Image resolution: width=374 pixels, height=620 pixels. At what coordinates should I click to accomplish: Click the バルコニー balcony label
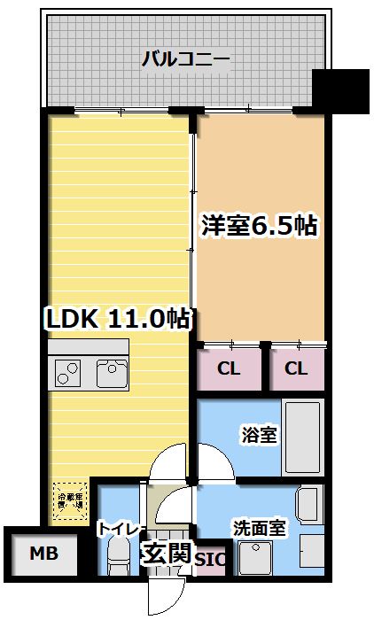[x=185, y=60]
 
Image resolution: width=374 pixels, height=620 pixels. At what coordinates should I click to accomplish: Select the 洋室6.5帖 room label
[x=258, y=226]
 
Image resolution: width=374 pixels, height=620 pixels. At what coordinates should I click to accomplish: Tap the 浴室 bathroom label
[x=260, y=435]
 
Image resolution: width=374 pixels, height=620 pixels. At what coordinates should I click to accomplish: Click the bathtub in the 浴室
[x=302, y=438]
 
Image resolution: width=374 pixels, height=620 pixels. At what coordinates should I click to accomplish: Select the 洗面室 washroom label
[x=260, y=529]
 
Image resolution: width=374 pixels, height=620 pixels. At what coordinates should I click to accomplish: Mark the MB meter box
[x=42, y=555]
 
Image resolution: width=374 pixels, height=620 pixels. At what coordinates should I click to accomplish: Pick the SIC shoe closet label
[x=210, y=561]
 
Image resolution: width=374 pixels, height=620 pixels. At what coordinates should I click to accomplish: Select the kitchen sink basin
[x=113, y=374]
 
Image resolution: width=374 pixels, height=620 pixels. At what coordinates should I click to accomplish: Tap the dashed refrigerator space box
[x=70, y=498]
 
